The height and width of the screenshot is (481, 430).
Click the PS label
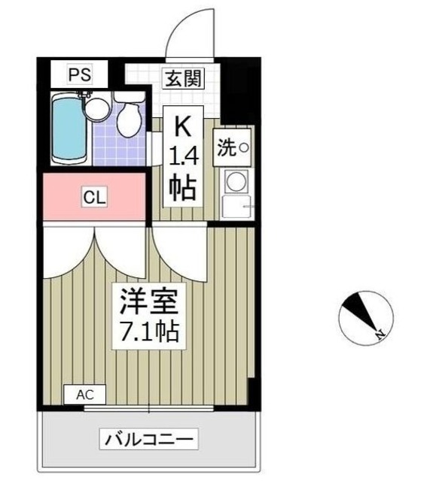click(78, 74)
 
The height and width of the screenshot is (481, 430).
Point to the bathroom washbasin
click(95, 110)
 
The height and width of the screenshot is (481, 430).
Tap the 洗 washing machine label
click(226, 147)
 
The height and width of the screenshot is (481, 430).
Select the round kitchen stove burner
click(236, 182)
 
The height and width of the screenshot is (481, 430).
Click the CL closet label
click(94, 198)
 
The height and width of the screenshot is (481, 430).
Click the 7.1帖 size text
click(149, 331)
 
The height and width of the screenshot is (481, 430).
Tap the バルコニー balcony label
click(149, 438)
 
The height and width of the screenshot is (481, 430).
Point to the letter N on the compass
click(380, 334)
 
